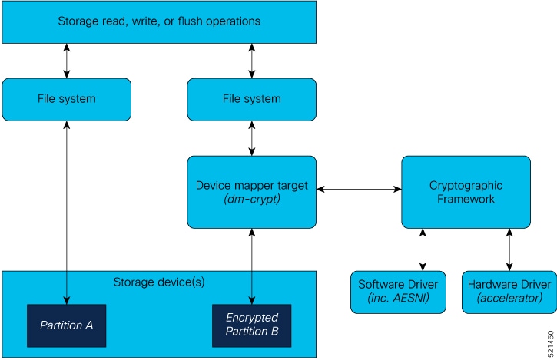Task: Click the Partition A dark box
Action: (x=66, y=325)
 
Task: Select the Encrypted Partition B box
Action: (x=252, y=325)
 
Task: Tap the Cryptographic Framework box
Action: (x=466, y=192)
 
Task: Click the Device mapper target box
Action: (x=251, y=192)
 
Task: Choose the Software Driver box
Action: (x=398, y=292)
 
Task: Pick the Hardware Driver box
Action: (x=509, y=292)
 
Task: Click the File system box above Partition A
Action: (x=66, y=99)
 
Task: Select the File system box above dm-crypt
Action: (x=251, y=99)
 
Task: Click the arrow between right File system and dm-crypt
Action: (x=252, y=138)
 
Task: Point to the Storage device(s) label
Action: (x=159, y=282)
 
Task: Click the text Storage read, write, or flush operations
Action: (x=159, y=21)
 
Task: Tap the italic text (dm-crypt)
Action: (x=251, y=200)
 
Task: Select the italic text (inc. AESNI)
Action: (x=398, y=298)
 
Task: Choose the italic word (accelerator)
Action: (x=509, y=298)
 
